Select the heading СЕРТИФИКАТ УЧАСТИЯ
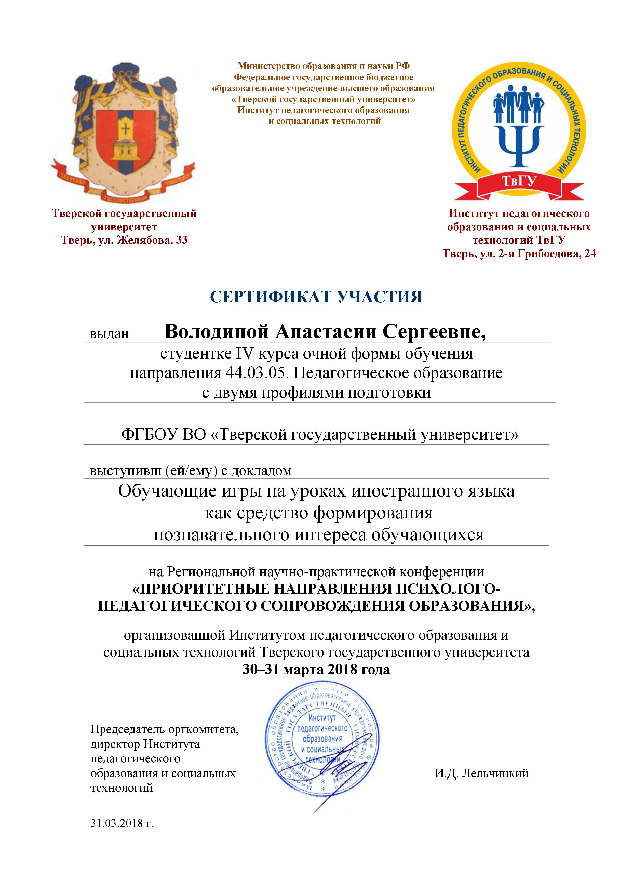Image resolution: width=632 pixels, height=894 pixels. [x=316, y=297]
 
